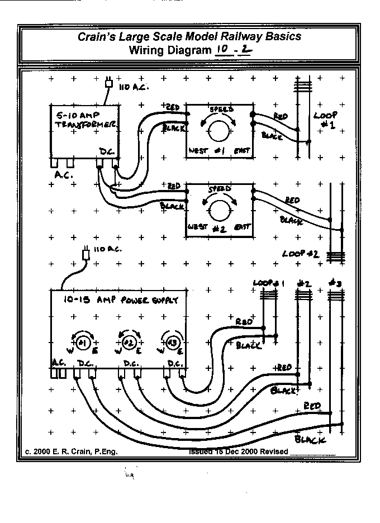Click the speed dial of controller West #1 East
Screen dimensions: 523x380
(x=219, y=130)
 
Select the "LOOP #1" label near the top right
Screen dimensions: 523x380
(x=325, y=120)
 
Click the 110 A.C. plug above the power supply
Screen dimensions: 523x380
(x=85, y=254)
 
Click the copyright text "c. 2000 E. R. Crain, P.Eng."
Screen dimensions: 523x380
(x=71, y=451)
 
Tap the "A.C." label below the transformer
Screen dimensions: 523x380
(x=64, y=174)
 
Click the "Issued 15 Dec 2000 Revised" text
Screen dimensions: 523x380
(x=239, y=451)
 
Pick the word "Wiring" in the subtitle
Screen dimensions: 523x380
(x=148, y=51)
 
